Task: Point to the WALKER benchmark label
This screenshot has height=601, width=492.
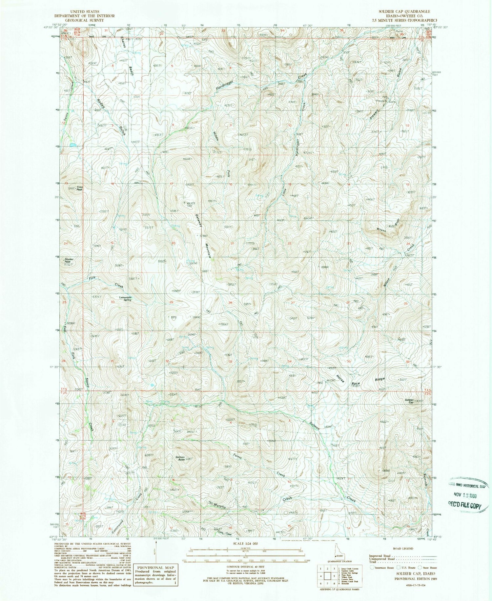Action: coord(191,203)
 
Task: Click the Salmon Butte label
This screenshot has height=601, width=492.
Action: coord(180,458)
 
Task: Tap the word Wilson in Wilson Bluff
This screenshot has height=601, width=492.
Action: coord(381,230)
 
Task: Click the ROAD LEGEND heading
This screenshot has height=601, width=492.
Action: coord(402,548)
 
